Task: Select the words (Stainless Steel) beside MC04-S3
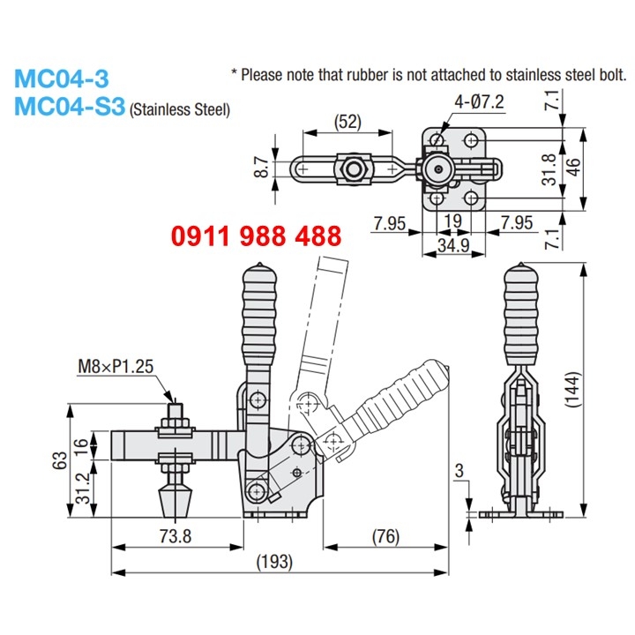click(180, 110)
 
